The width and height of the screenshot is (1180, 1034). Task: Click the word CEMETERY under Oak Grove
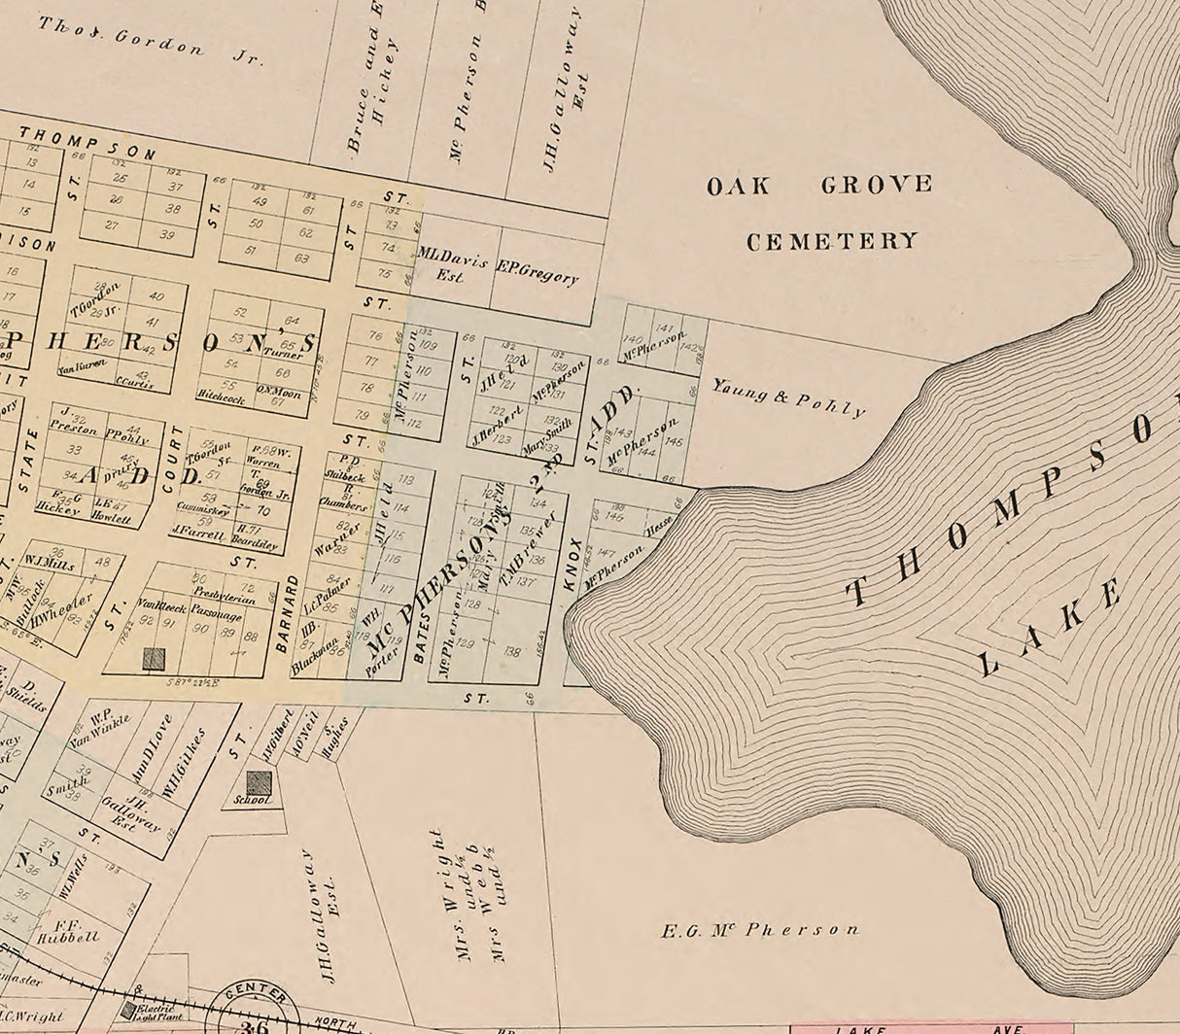tap(832, 241)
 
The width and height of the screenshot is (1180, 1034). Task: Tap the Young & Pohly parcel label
tap(788, 396)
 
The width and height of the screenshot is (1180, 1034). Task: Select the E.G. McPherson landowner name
tap(760, 930)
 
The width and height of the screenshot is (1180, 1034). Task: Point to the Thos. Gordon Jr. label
tap(151, 40)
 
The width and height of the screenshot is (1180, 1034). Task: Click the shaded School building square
tap(259, 783)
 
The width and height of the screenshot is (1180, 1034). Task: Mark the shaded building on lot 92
tap(154, 659)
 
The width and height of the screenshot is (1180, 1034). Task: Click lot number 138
tap(513, 652)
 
